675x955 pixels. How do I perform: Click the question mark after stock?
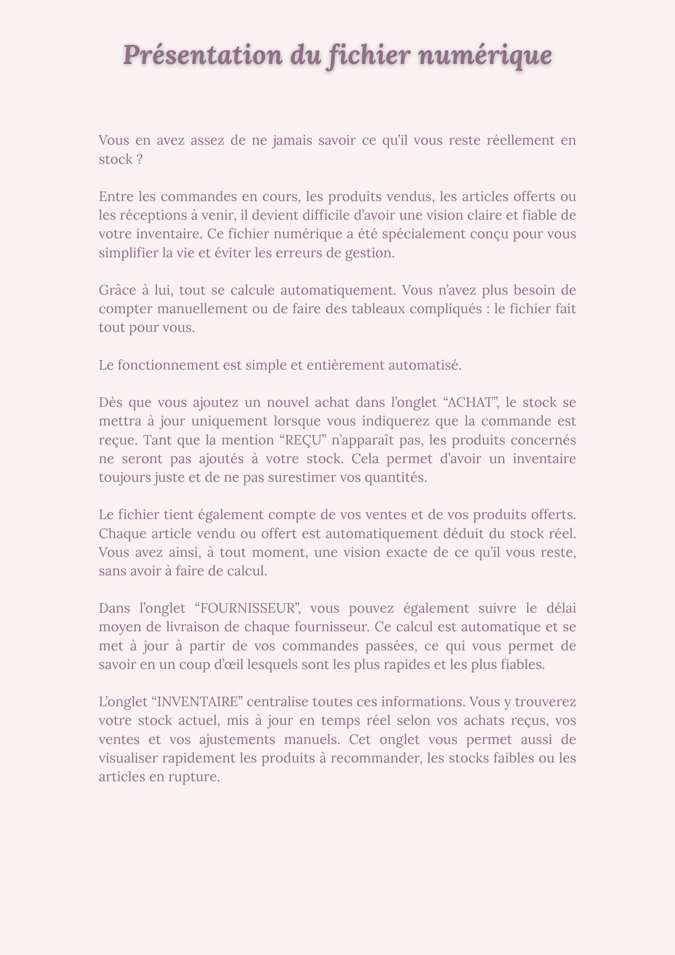[x=139, y=159]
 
